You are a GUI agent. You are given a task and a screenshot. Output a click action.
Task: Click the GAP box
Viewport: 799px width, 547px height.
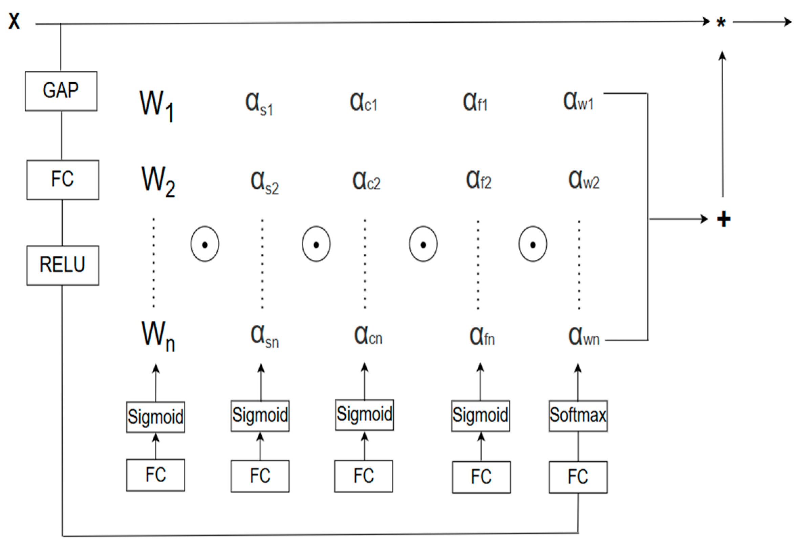61,91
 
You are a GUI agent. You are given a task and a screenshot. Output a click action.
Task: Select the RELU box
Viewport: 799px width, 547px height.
63,265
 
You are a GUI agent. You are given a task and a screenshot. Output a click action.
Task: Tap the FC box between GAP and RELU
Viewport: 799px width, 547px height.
63,180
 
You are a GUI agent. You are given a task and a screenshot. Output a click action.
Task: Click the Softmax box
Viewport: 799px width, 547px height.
578,416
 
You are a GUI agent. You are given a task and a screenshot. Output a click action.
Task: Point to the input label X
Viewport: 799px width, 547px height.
14,21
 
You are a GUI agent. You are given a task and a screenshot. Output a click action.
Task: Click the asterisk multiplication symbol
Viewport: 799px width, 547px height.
720,23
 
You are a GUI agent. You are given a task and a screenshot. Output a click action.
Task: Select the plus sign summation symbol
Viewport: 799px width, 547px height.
724,219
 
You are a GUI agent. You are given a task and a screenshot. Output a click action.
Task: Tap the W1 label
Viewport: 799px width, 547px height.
156,105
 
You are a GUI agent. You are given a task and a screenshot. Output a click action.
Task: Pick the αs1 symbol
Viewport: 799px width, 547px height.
259,104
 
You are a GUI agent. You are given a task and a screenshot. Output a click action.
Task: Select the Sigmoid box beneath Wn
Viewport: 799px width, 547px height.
155,417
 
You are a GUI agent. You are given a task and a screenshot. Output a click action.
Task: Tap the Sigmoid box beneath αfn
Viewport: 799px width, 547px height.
480,416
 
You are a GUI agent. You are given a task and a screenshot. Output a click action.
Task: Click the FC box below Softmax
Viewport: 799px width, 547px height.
578,477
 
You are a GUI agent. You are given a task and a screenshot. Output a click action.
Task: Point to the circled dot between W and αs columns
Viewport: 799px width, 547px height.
205,244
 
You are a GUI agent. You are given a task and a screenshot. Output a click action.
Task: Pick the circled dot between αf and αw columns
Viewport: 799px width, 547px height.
533,244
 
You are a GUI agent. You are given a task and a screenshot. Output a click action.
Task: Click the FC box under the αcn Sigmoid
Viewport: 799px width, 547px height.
363,476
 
